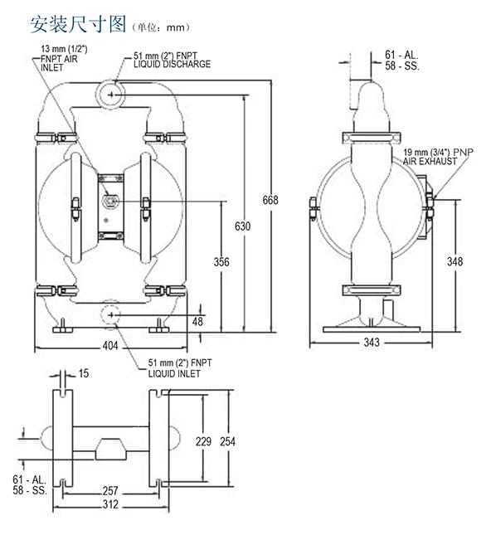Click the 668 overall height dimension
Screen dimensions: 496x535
(x=270, y=200)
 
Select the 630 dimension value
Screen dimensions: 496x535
(x=242, y=226)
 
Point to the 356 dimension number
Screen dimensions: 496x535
(x=221, y=262)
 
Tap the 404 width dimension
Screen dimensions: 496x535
(x=110, y=346)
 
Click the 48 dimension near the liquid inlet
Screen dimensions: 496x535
(x=197, y=321)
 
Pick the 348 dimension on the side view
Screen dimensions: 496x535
(x=455, y=262)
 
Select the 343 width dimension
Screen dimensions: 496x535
(x=372, y=343)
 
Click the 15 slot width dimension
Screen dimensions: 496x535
(x=84, y=373)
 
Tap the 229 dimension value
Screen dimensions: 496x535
(x=204, y=441)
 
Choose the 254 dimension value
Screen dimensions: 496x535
(x=227, y=441)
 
